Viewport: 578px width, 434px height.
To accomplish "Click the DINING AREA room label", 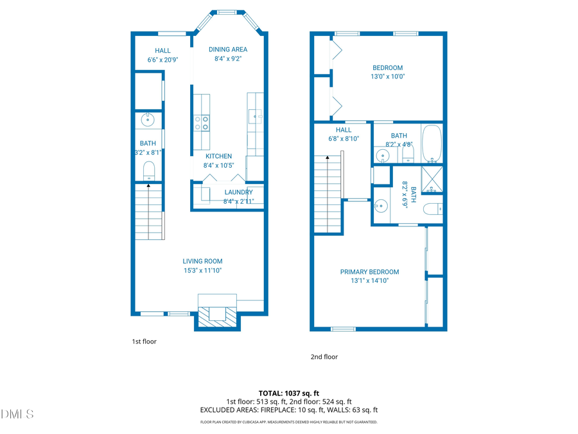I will [x=228, y=50].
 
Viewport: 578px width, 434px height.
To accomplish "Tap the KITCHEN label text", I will [x=218, y=156].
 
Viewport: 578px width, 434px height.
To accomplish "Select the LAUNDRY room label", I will [x=238, y=192].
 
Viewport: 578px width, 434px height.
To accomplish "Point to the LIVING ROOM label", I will [x=202, y=261].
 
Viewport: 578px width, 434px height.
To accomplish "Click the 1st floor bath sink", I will [x=148, y=118].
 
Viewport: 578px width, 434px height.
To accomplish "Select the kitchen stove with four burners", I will [x=202, y=122].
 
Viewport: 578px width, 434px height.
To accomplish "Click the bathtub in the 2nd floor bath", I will [x=432, y=143].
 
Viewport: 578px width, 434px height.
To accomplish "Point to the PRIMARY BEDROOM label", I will [x=369, y=272].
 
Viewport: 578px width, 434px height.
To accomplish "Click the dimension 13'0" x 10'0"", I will [x=387, y=77].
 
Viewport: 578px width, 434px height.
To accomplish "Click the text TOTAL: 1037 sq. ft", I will [x=288, y=393].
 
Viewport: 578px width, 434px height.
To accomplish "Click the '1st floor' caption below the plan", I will [x=144, y=341].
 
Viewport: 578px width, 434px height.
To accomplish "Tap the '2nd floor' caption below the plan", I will [x=324, y=357].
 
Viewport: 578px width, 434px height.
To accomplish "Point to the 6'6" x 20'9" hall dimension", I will [x=162, y=60].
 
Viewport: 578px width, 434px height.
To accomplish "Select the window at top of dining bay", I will [x=226, y=12].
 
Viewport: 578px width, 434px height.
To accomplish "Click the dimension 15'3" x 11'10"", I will [x=202, y=270].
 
